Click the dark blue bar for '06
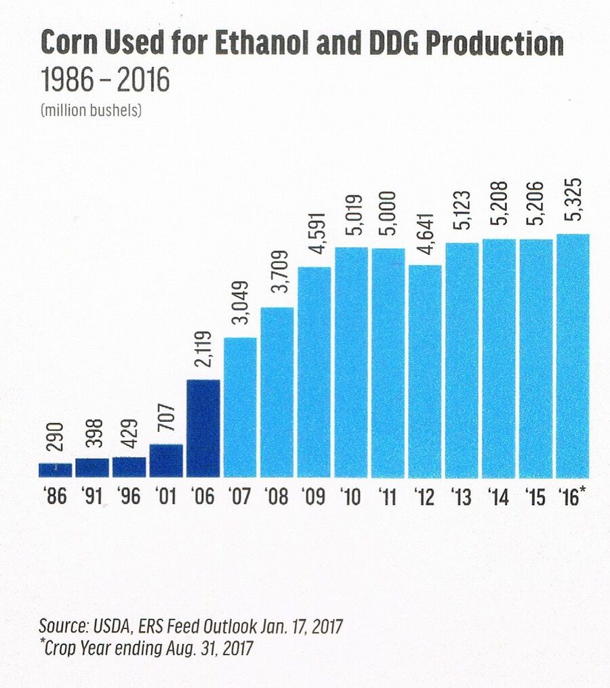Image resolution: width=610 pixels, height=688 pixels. pos(203,428)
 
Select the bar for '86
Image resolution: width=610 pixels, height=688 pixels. pos(56,470)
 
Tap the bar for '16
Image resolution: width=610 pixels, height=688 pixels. pos(573,356)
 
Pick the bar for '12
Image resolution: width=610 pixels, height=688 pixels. pos(425,371)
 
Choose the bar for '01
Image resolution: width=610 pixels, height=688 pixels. pos(166,461)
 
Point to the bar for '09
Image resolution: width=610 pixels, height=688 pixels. pos(314,372)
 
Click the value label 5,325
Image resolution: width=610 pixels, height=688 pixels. pos(573,204)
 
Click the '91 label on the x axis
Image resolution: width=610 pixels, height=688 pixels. pos(92,497)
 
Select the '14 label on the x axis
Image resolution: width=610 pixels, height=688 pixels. pos(499,497)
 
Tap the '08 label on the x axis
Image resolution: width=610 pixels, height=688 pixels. pos(277,497)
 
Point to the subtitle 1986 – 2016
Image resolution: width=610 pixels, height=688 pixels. pos(104,81)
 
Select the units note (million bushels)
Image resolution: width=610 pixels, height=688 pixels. pos(91,110)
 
